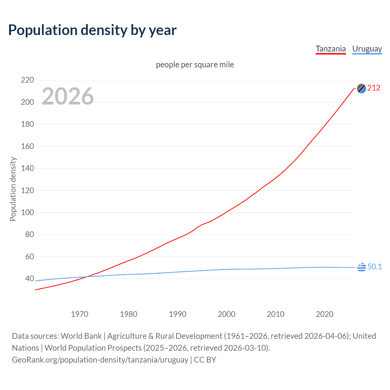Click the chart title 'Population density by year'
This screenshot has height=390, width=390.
click(x=92, y=30)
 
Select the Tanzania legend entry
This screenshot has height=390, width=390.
click(x=331, y=49)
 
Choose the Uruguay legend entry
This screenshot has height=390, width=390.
click(x=367, y=49)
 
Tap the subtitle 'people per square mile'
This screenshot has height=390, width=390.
click(x=195, y=65)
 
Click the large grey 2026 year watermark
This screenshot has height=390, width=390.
click(x=68, y=96)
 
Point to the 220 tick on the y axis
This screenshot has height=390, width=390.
click(x=27, y=80)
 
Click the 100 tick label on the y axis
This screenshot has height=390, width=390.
click(x=27, y=212)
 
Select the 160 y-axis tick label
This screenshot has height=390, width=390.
click(x=27, y=146)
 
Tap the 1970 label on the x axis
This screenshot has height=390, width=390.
click(x=80, y=314)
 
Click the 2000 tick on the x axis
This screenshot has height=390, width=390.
click(x=226, y=314)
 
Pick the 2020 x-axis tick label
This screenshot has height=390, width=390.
click(x=324, y=314)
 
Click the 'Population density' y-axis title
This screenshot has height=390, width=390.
click(x=13, y=189)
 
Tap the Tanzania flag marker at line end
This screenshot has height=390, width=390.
click(x=361, y=88)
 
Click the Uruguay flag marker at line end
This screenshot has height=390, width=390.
click(x=361, y=267)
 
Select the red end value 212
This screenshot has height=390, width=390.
click(x=374, y=88)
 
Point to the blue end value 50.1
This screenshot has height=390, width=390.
click(x=374, y=267)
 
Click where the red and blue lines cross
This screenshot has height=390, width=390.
click(x=87, y=277)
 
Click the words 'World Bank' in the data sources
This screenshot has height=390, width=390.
click(x=81, y=336)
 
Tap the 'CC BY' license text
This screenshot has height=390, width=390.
click(x=205, y=360)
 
